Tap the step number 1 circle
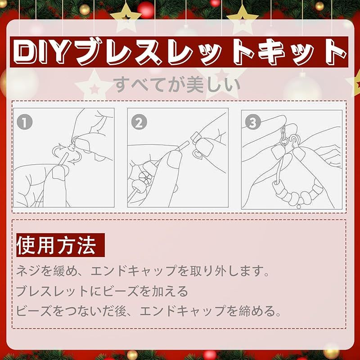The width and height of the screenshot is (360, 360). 25,121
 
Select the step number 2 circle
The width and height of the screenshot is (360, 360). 139,122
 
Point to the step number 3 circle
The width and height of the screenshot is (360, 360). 253,122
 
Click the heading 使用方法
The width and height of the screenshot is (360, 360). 56,245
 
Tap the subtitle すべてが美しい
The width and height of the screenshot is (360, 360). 177,85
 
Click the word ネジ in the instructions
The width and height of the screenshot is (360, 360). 29,270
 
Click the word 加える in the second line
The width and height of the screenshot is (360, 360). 171,291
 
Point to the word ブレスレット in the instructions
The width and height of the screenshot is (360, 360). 52,291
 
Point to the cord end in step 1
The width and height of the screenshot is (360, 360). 63,158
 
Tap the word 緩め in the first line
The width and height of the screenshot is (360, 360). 65,270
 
